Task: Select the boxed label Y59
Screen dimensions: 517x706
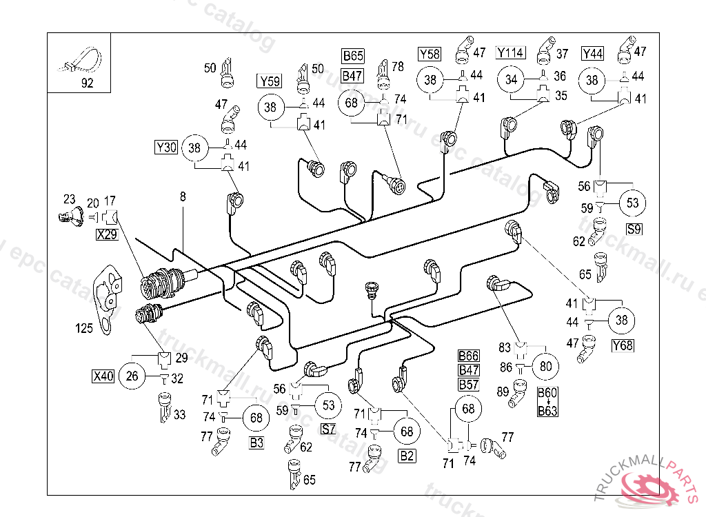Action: [x=269, y=81]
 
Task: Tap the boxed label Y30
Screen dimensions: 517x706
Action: [x=166, y=147]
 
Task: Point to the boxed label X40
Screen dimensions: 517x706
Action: [x=103, y=376]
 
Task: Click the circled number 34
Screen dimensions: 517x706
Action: [x=511, y=80]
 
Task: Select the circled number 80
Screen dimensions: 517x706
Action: [x=546, y=366]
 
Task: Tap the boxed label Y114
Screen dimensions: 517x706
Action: [x=511, y=53]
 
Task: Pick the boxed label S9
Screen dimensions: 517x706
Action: [x=634, y=228]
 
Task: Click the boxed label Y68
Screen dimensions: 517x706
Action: [x=623, y=344]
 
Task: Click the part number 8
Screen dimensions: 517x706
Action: [x=183, y=197]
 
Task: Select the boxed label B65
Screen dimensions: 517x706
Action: [x=353, y=56]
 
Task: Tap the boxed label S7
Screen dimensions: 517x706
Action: [x=329, y=429]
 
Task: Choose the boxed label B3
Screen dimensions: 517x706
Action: [x=256, y=443]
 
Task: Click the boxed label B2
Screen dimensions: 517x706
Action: [x=407, y=456]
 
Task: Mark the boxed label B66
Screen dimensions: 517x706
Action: [x=469, y=356]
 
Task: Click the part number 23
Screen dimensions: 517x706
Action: [x=69, y=200]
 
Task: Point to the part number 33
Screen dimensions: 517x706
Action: [x=179, y=415]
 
